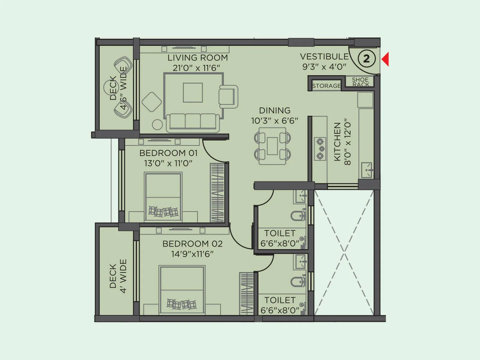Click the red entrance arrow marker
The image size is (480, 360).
tap(385, 59)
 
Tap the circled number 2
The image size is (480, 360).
tap(366, 59)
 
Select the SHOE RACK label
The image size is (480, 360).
tap(360, 82)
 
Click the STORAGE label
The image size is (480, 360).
tap(326, 86)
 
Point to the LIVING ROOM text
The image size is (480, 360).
tap(197, 58)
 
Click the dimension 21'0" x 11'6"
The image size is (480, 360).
tap(196, 68)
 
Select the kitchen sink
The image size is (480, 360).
tap(367, 170)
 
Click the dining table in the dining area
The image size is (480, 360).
tap(272, 146)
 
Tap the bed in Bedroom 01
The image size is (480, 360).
tap(163, 196)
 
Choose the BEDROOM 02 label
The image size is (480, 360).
tap(192, 244)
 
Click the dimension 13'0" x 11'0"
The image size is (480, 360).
tap(168, 163)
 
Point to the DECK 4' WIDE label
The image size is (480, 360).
tap(118, 276)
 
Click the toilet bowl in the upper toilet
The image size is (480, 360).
tap(297, 215)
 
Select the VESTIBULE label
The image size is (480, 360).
tap(324, 56)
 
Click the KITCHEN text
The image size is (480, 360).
tap(337, 142)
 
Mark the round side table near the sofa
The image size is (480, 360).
tap(157, 124)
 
